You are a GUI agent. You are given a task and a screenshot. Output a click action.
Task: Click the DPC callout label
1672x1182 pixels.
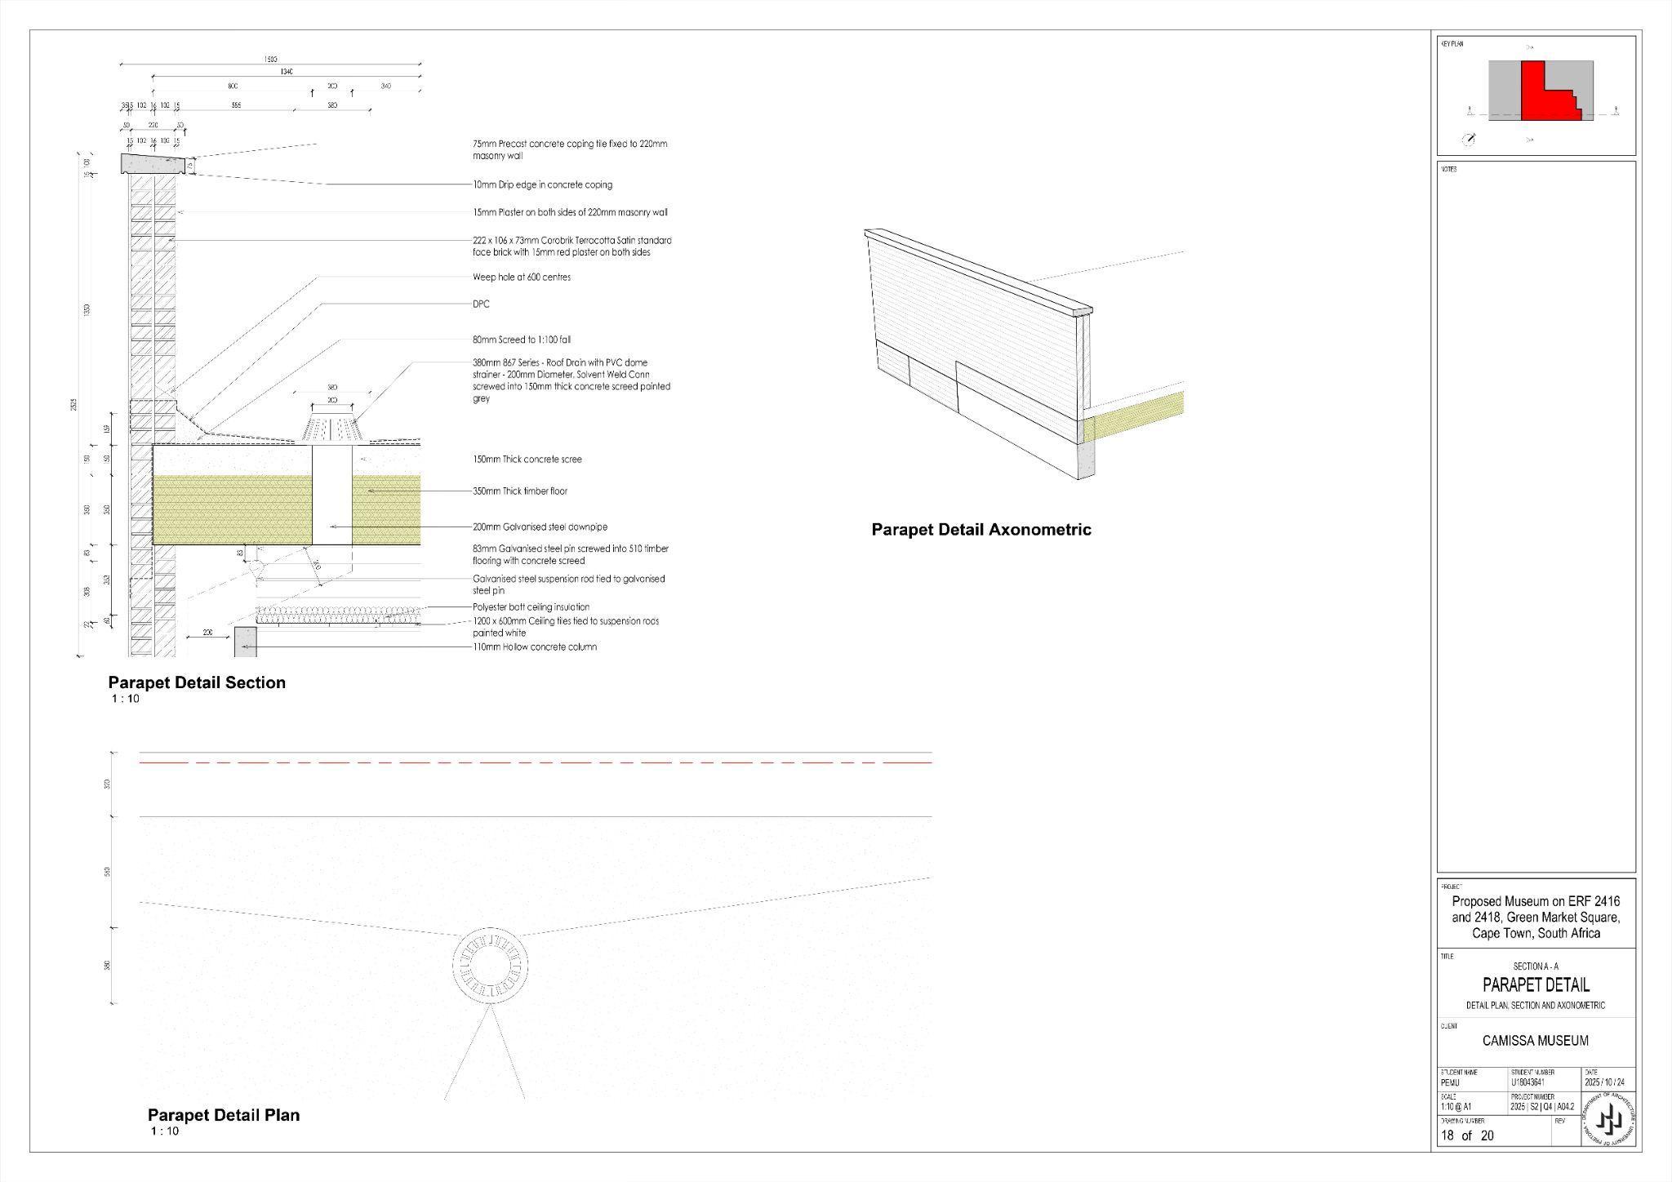click(481, 304)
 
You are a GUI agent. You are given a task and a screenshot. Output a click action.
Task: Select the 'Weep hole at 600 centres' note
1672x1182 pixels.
click(521, 278)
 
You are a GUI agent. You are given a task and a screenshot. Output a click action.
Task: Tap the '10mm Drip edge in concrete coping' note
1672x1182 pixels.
click(542, 185)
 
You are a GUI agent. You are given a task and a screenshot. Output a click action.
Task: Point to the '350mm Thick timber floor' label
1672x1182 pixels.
click(520, 491)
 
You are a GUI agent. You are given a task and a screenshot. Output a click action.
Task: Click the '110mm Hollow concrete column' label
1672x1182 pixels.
click(535, 647)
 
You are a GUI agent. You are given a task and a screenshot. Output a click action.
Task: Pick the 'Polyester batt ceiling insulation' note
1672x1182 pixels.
click(531, 607)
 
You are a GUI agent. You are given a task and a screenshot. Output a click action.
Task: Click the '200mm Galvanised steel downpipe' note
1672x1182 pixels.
click(540, 527)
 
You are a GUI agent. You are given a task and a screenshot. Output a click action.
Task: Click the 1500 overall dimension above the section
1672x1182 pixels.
click(270, 60)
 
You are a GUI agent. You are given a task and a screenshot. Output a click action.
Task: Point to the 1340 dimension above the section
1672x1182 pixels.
click(287, 73)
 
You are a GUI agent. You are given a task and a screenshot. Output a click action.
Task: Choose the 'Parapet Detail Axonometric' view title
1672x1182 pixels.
click(981, 530)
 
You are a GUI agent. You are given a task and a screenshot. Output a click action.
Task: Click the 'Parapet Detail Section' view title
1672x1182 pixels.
click(197, 683)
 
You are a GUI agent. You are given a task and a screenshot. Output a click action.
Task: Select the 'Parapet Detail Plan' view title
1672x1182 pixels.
click(223, 1115)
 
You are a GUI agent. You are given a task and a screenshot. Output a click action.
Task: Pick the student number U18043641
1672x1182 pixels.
click(1527, 1082)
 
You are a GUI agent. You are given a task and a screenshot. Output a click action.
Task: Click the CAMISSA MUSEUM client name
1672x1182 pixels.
click(1535, 1041)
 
